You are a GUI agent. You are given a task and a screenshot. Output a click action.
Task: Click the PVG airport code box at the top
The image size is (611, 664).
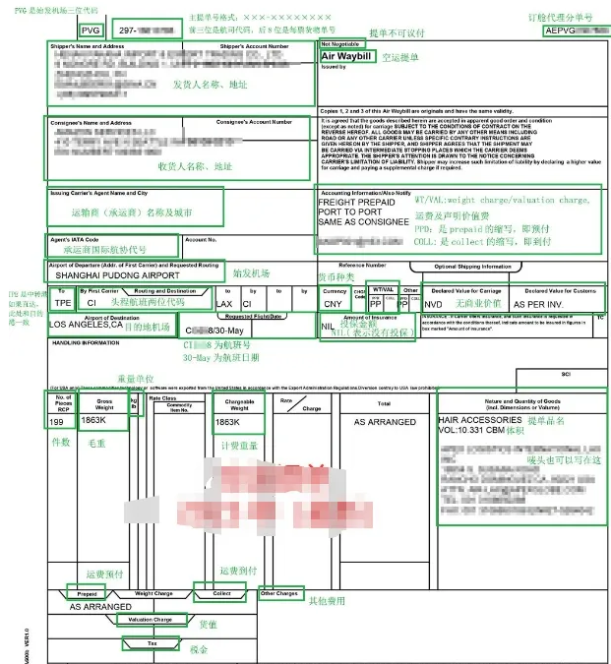coord(91,31)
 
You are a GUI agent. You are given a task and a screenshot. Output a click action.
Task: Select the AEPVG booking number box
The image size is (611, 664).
coord(570,30)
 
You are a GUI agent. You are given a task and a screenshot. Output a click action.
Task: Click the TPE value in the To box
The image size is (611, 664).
coord(63,304)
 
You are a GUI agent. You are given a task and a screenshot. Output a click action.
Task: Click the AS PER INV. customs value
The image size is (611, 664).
coord(538,304)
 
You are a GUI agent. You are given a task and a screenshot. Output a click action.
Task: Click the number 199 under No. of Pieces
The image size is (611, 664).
coord(57,421)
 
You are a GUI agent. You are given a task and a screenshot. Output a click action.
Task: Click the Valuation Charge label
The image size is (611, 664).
coord(151,620)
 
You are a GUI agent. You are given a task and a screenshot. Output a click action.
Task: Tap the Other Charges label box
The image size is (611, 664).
coord(280,593)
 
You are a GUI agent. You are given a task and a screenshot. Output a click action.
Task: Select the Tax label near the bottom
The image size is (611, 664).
coord(151,644)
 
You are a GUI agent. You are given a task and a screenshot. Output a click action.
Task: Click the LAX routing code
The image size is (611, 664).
coord(224,304)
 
